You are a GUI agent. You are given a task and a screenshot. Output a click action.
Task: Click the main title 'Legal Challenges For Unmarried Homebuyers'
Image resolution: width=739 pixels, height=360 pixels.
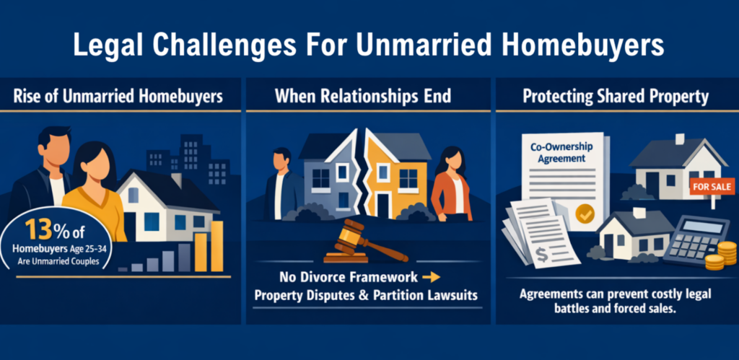pos(369,45)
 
